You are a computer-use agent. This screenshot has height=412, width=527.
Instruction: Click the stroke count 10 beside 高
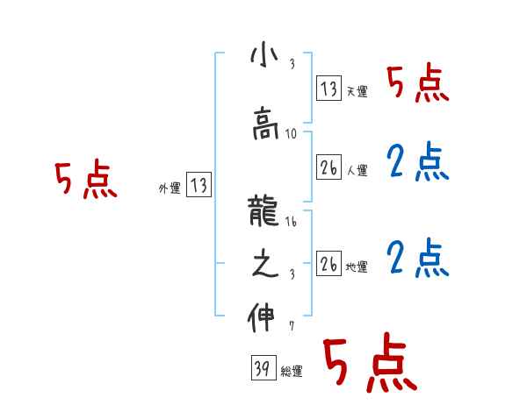[x=292, y=135]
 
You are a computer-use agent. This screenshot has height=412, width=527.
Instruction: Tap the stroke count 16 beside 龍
[x=292, y=224]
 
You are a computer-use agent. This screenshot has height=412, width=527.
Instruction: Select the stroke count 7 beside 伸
[x=291, y=327]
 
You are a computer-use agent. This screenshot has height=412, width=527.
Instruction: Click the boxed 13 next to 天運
[x=328, y=89]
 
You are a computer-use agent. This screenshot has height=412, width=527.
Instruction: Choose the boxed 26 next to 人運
[x=328, y=166]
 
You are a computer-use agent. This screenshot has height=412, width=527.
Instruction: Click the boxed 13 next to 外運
[x=199, y=185]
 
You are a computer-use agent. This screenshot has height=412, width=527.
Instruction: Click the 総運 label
[x=292, y=372]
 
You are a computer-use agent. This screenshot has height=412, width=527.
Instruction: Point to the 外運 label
[x=170, y=188]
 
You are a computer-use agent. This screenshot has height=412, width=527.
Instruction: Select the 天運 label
[x=357, y=91]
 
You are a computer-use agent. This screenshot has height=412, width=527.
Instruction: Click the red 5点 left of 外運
[x=85, y=181]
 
